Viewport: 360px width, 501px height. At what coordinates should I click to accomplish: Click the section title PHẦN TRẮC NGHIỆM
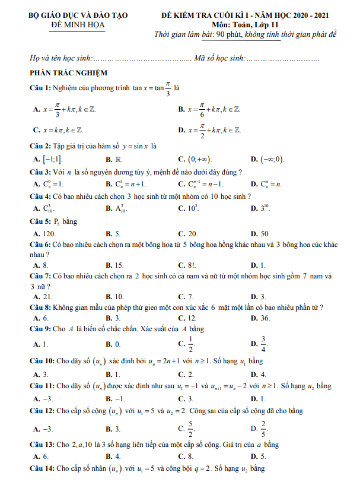pos(68,72)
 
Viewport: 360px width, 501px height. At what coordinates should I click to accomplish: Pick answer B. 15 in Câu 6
pos(119,265)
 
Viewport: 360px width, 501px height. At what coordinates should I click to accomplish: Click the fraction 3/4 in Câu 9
pos(264,344)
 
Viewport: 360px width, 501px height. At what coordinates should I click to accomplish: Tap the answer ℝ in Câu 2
pos(118,159)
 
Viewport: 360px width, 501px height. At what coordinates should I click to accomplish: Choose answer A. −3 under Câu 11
pos(48,399)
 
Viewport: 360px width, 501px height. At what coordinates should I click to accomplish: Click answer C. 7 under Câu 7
pos(189,296)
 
